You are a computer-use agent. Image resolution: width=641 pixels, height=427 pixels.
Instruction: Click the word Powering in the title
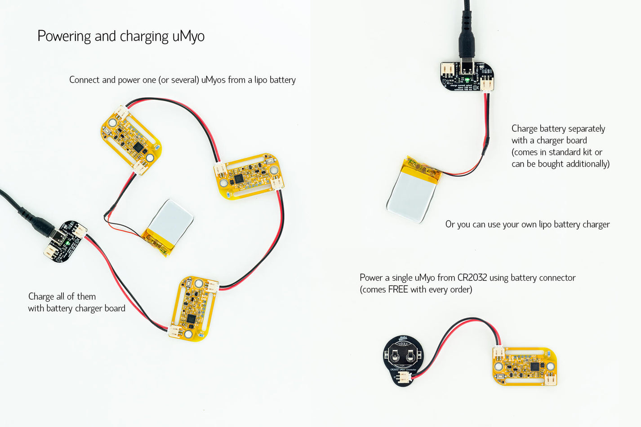(x=64, y=36)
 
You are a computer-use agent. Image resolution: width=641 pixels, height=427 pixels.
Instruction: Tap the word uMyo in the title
(x=188, y=36)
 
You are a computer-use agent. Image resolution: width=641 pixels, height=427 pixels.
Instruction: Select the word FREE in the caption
(x=398, y=290)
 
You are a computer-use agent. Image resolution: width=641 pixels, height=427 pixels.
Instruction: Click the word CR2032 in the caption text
(x=472, y=278)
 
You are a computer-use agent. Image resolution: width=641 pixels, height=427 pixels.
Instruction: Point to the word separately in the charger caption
(x=587, y=129)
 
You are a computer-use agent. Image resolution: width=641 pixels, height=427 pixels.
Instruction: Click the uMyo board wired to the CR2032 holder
(x=525, y=366)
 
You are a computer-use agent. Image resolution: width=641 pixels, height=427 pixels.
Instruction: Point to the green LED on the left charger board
(x=67, y=243)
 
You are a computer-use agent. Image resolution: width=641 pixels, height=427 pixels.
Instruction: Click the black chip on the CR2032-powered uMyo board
(x=534, y=367)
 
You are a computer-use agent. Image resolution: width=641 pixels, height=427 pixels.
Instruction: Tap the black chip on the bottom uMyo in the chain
(x=191, y=318)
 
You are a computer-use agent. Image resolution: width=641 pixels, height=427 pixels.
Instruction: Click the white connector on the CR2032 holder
(x=404, y=377)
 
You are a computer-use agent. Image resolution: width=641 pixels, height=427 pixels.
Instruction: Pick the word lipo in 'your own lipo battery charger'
(x=544, y=225)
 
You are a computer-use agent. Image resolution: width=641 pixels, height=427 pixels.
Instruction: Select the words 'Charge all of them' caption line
(x=62, y=297)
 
